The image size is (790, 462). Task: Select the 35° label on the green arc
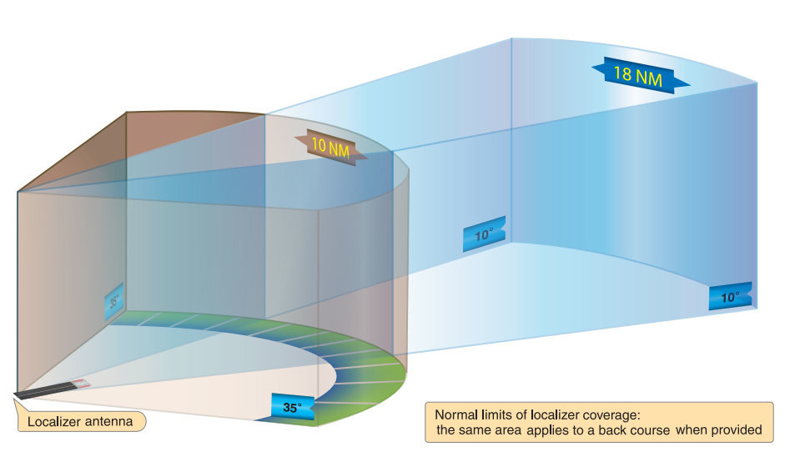[291, 408]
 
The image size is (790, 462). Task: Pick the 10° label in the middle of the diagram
[485, 235]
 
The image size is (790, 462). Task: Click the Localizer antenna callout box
[80, 422]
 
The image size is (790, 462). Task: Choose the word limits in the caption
[504, 414]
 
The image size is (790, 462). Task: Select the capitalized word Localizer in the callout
[55, 422]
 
